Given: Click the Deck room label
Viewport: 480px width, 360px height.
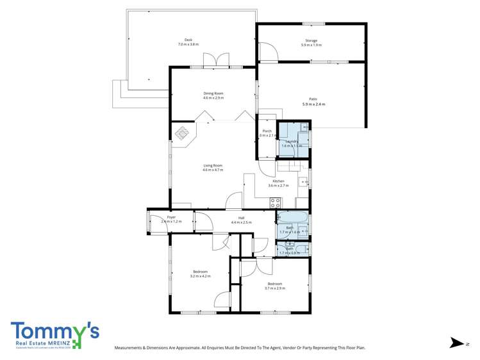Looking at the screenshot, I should [x=188, y=40].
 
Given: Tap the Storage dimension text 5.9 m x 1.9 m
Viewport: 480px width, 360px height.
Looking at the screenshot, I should [x=311, y=45].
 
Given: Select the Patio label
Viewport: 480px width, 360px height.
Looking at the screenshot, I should [x=313, y=99].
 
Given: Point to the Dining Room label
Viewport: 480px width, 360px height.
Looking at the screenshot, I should [x=213, y=93].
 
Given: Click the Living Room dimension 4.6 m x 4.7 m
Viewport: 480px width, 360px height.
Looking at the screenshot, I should [x=213, y=170].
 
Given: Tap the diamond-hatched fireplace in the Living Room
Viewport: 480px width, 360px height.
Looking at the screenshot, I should [x=183, y=134].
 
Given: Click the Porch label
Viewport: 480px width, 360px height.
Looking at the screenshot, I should [x=267, y=131].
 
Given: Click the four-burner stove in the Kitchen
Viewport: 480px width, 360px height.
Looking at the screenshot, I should [x=275, y=202].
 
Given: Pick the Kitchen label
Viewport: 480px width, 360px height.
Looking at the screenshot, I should [x=278, y=181].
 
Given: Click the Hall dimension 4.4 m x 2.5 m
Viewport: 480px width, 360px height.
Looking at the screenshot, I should [x=242, y=222].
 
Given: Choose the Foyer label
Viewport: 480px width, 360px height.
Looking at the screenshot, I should [x=171, y=217].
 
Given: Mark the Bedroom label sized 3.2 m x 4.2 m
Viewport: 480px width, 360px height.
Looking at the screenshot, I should [x=200, y=272].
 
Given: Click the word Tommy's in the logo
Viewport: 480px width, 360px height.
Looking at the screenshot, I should [x=54, y=331].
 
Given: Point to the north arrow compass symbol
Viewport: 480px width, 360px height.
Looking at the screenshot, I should [x=456, y=343].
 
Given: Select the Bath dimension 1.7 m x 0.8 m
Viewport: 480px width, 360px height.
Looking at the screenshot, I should [x=290, y=253].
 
